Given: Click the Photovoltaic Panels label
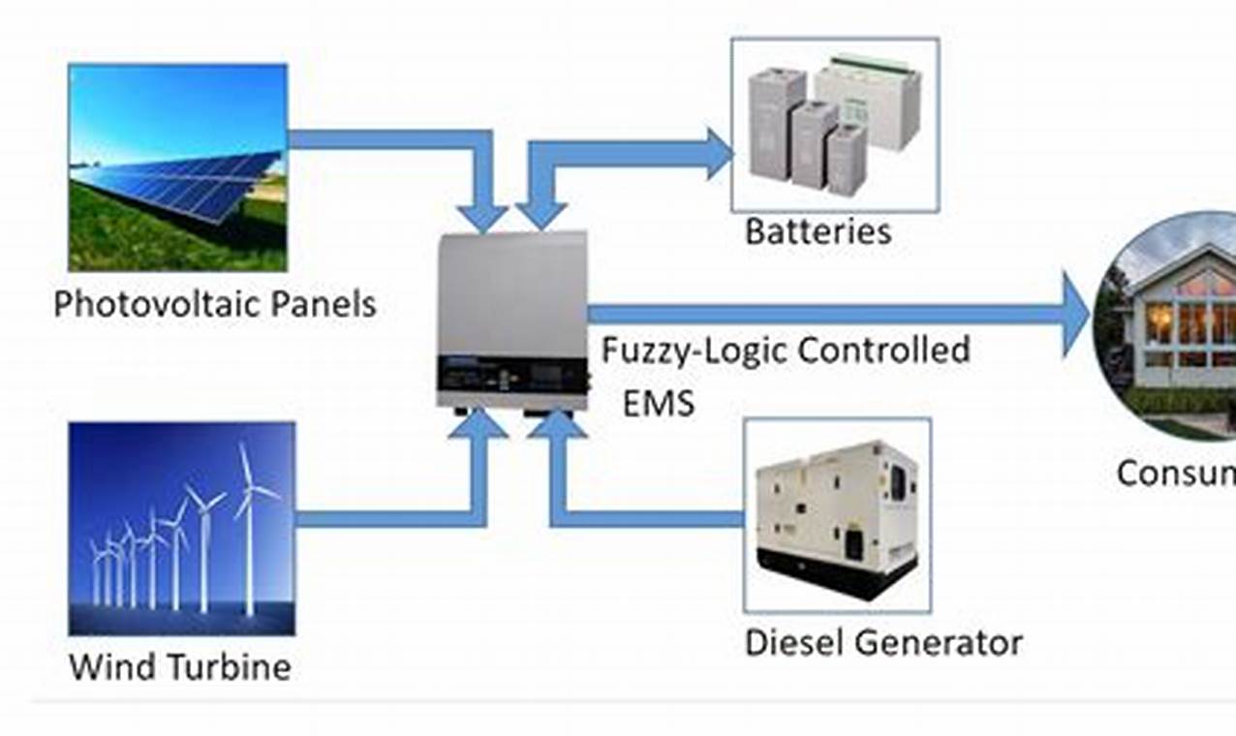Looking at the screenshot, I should (x=214, y=305).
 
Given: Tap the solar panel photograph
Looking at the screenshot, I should (x=178, y=167).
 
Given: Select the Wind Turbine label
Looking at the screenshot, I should (x=180, y=666).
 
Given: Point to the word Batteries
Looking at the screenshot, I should (x=818, y=231).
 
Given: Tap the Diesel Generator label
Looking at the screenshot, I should (x=883, y=642).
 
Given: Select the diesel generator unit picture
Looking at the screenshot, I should (x=836, y=516).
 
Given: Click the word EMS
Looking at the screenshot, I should (x=659, y=402).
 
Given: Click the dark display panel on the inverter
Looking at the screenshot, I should (x=512, y=372).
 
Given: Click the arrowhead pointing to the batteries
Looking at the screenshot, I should (x=718, y=154).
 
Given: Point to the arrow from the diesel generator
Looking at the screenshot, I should (x=649, y=518).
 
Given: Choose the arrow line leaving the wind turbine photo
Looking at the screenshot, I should (x=387, y=518).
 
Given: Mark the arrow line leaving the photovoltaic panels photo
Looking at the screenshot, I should (x=387, y=139).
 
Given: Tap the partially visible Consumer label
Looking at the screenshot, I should (x=1175, y=474).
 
